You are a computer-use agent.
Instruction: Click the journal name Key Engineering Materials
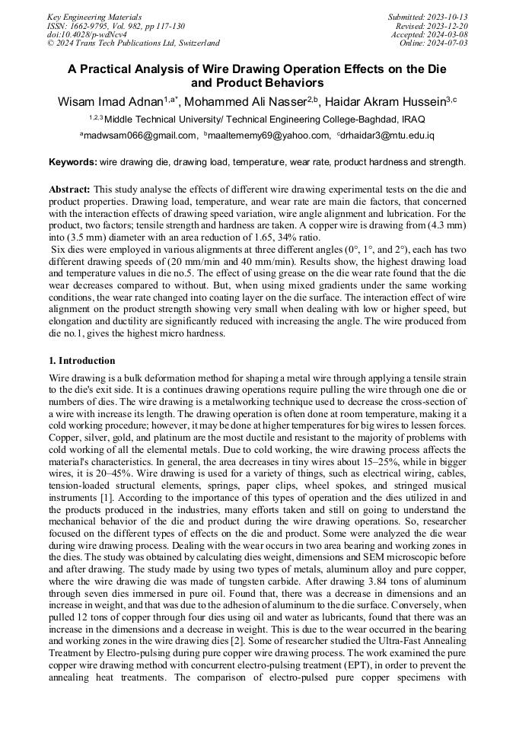94,16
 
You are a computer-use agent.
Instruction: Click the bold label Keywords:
72,162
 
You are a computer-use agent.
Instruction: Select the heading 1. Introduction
82,361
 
